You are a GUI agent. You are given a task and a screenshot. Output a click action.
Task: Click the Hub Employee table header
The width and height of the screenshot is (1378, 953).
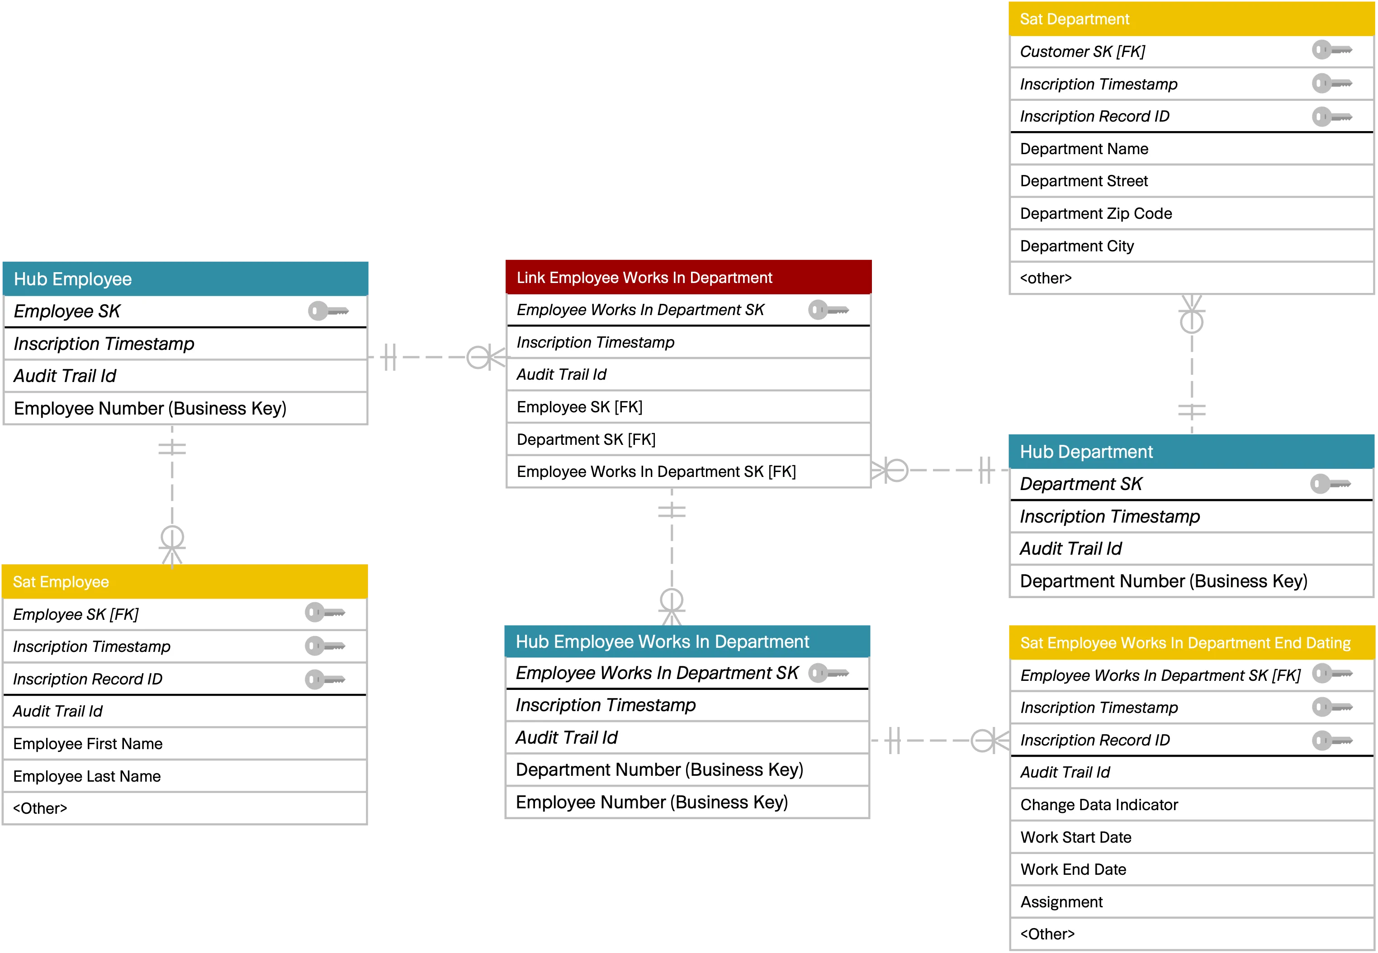click(x=185, y=279)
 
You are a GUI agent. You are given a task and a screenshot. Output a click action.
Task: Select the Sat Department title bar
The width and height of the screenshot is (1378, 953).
click(x=1192, y=19)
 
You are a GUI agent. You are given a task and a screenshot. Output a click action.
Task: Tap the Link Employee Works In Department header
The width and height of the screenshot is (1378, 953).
click(x=687, y=278)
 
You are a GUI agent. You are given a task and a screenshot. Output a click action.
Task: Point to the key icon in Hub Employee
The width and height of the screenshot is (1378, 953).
click(x=328, y=311)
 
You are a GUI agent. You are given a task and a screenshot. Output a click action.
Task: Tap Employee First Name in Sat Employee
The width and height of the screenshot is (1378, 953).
click(x=88, y=744)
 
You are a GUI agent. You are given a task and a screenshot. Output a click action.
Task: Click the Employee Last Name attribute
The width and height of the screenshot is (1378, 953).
click(x=87, y=776)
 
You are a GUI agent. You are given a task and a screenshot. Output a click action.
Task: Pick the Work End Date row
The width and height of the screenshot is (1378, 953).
click(x=1073, y=869)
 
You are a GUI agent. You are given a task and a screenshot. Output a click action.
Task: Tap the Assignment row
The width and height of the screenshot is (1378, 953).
click(x=1061, y=902)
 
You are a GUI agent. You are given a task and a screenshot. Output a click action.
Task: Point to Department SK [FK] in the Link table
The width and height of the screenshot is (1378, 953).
click(x=586, y=440)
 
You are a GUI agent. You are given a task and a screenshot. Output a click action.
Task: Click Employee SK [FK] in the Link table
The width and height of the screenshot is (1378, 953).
click(x=579, y=407)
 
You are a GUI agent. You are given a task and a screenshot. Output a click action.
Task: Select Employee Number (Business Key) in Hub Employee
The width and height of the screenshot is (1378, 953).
click(x=150, y=408)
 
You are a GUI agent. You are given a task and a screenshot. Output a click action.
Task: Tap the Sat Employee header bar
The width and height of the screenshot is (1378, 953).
click(x=185, y=582)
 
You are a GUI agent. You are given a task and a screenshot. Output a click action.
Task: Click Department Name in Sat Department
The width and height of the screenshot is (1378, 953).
click(x=1084, y=149)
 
